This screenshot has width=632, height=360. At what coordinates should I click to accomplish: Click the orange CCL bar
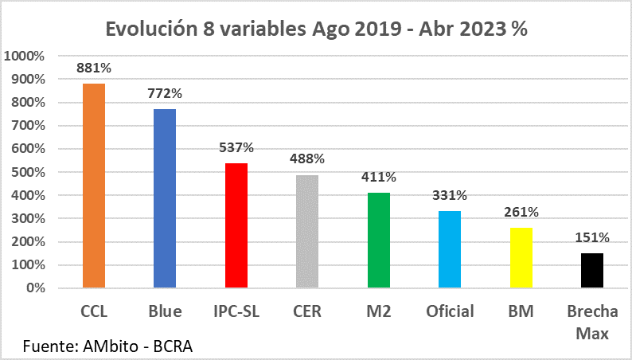(94, 186)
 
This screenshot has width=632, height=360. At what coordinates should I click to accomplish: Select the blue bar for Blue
(165, 198)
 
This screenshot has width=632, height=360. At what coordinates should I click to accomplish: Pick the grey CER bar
(307, 231)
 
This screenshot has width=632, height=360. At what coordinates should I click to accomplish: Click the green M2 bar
(379, 240)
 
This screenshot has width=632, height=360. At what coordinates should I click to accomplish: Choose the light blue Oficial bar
(450, 249)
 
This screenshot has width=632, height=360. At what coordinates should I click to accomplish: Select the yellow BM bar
(521, 257)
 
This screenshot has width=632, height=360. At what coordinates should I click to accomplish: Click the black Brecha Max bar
(592, 270)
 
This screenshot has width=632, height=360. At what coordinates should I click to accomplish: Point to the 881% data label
(94, 68)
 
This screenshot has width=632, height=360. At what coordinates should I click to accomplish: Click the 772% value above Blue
(165, 93)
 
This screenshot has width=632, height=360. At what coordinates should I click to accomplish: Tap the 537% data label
(236, 147)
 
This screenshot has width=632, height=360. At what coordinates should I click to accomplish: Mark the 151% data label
(592, 237)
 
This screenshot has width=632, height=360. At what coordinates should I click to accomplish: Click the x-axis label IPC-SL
(236, 311)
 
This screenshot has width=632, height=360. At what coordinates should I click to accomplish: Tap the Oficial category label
(450, 311)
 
